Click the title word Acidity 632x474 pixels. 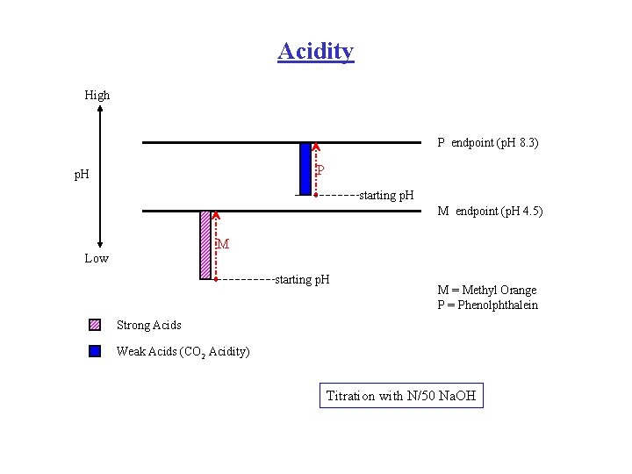(315, 51)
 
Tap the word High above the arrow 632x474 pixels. (97, 95)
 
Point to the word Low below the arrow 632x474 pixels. (97, 258)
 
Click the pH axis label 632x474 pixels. (85, 175)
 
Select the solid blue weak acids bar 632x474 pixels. (305, 168)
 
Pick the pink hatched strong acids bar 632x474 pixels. (206, 245)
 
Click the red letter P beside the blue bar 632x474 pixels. (321, 169)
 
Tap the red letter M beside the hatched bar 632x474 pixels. (223, 244)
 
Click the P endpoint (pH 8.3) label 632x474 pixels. (488, 142)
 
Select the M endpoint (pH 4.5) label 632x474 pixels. (490, 211)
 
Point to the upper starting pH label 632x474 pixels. (386, 195)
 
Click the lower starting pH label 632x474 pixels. (302, 280)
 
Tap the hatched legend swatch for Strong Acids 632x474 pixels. (95, 325)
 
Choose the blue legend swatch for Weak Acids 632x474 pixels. (95, 351)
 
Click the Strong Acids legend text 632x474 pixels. (149, 326)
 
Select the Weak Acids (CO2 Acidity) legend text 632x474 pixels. (183, 352)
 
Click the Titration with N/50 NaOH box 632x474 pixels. (401, 396)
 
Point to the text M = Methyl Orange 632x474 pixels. (487, 291)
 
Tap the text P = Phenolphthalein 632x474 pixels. (488, 305)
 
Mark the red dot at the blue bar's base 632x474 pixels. (315, 194)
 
